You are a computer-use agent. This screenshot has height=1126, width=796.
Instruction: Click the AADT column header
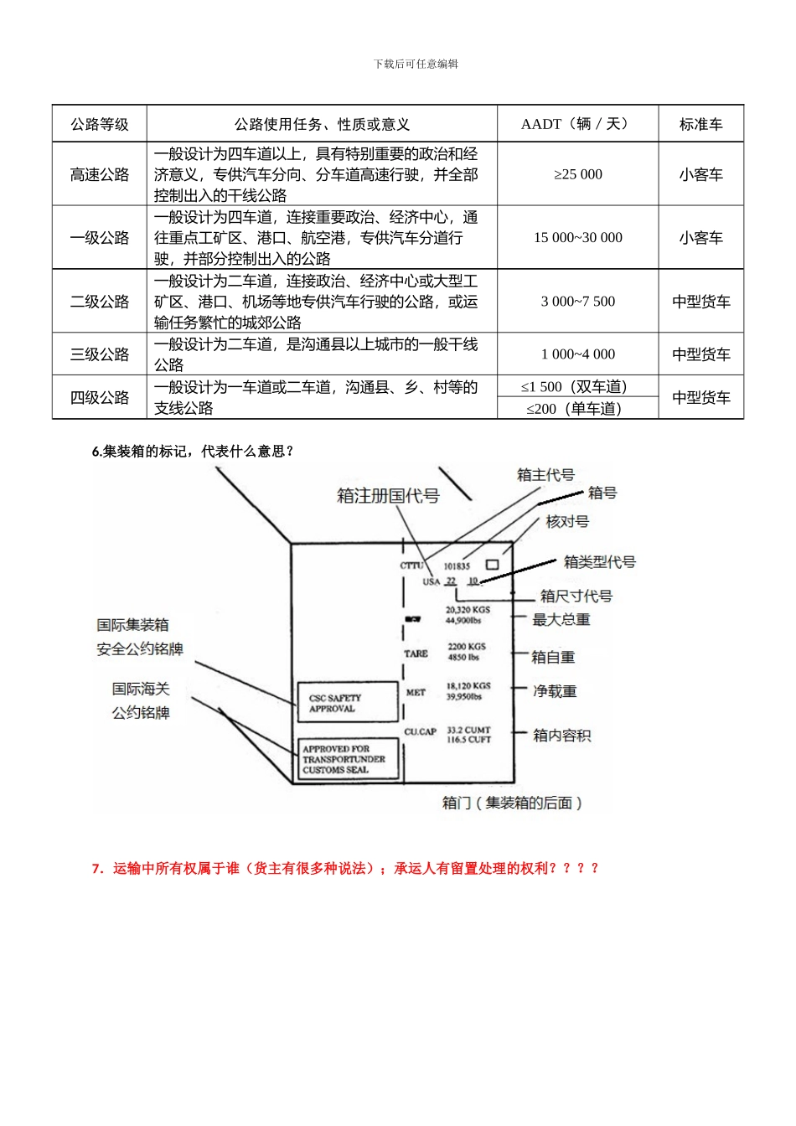click(577, 124)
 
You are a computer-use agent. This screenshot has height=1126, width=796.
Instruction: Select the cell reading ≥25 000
click(577, 174)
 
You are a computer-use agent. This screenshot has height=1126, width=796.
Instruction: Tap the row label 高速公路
click(100, 174)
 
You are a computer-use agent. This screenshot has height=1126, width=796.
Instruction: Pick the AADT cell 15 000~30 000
click(577, 238)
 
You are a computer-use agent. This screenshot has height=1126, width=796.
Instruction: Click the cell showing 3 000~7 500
click(577, 302)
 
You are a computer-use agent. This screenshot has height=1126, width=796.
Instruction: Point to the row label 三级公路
click(100, 354)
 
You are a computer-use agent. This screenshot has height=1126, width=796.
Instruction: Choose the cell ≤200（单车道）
click(577, 409)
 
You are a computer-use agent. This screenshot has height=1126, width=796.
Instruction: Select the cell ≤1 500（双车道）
click(577, 387)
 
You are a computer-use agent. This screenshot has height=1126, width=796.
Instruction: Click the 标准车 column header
click(700, 124)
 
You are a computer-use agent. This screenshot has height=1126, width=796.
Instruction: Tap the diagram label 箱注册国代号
click(388, 496)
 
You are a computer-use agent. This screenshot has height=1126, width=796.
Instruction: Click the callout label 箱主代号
click(545, 475)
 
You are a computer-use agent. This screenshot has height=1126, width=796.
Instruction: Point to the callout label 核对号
click(567, 522)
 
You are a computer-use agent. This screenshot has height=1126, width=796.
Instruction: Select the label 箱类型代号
click(599, 562)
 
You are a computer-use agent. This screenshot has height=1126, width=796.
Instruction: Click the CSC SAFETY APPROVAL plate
click(348, 703)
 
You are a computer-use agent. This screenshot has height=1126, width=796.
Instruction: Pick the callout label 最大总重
click(561, 620)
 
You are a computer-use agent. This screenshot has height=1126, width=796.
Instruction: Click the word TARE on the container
click(416, 653)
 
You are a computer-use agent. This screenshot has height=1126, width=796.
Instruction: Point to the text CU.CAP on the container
click(420, 731)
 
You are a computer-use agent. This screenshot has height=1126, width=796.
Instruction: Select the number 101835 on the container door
click(457, 566)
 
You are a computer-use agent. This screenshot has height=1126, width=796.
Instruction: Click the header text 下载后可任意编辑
click(416, 65)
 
